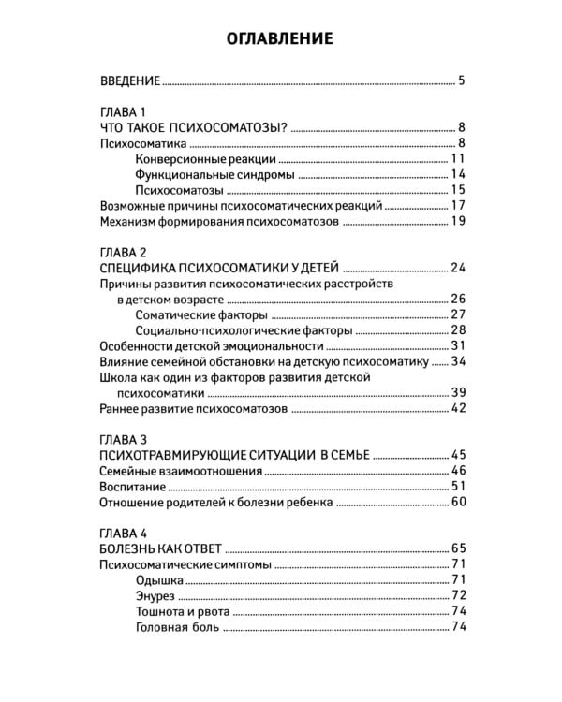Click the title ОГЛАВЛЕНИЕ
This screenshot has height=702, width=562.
[x=280, y=39]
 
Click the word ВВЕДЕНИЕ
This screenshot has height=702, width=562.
[x=129, y=80]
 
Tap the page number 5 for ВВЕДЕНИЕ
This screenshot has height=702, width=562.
[x=462, y=80]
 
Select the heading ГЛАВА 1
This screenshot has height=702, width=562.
[x=123, y=111]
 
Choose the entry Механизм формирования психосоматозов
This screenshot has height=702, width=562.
[x=218, y=221]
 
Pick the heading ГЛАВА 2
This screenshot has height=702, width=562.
[x=123, y=253]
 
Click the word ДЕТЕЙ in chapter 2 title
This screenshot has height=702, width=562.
[x=315, y=268]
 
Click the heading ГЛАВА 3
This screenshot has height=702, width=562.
[x=123, y=440]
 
